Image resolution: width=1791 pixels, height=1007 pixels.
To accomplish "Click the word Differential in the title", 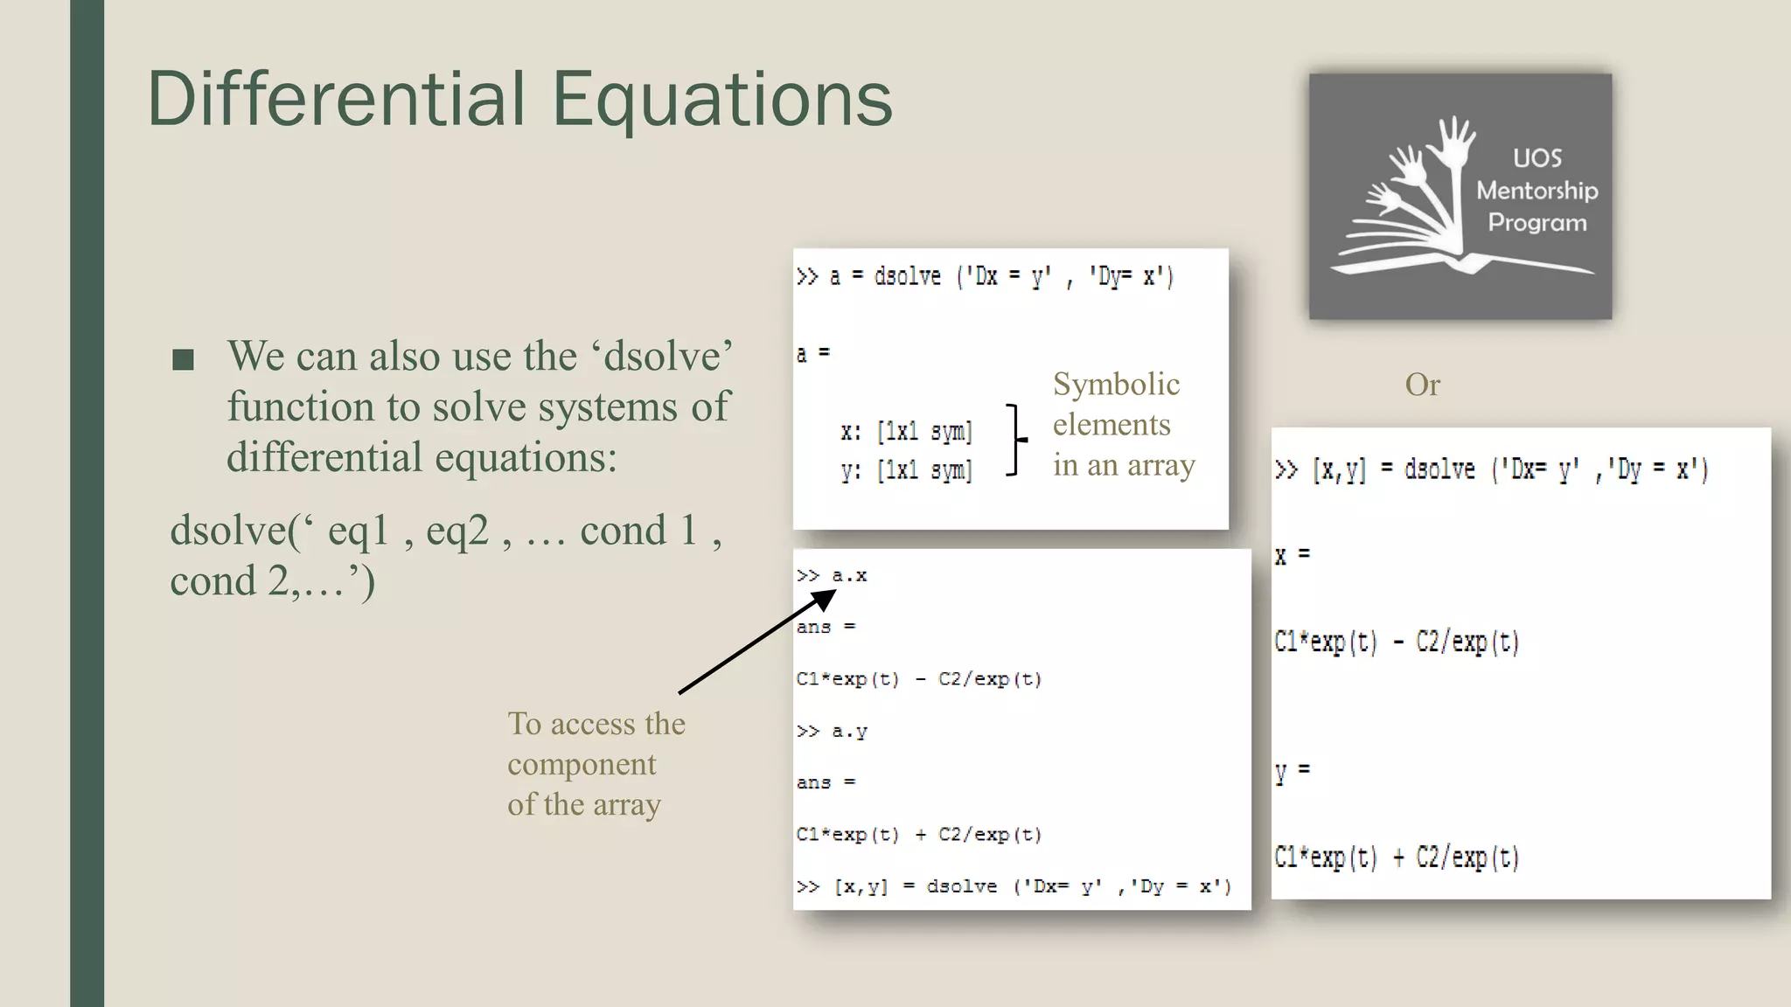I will pos(337,99).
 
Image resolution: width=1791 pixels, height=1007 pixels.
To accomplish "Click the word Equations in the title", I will pos(722,99).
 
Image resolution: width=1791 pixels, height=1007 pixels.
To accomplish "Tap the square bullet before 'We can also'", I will pos(183,359).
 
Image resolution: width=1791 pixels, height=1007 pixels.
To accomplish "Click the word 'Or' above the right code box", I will pos(1422,385).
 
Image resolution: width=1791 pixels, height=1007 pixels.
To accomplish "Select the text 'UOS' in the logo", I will pos(1537,158).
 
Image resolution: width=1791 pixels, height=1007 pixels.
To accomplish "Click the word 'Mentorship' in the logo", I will pos(1537,191).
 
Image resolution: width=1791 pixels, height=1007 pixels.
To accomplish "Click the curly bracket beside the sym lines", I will pos(1015,439).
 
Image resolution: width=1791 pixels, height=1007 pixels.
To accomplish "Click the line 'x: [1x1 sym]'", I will pos(906,431).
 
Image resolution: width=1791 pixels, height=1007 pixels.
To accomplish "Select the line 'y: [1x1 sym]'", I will pos(906,470).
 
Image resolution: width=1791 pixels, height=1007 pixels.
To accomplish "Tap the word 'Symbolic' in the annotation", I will pos(1116,385).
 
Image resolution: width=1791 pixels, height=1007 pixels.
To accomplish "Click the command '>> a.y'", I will pos(832,731).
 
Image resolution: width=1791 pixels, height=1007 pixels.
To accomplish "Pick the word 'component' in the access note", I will pos(582,764).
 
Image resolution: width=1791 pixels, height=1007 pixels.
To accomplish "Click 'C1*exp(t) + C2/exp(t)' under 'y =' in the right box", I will pos(1397,857).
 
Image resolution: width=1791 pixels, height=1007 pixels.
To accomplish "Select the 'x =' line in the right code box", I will pos(1292,555).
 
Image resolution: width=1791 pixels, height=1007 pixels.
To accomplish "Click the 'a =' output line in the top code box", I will pos(812,353).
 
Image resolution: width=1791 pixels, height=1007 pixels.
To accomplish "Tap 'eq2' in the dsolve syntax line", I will pos(456,531).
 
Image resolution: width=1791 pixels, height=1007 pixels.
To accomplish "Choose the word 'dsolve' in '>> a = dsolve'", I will pos(907,277).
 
